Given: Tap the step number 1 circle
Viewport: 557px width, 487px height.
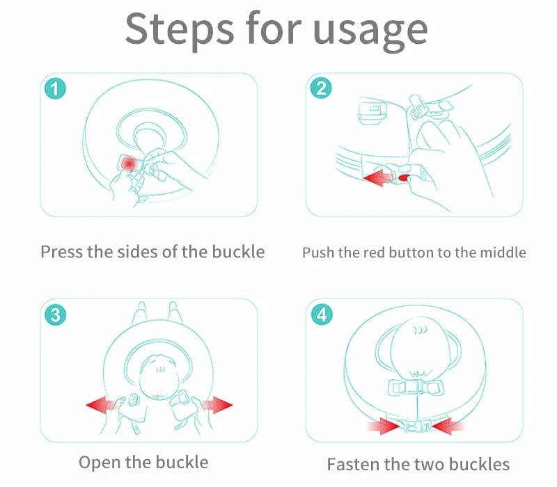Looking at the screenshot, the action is click(x=55, y=88).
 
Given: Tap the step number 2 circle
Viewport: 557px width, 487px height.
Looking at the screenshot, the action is click(x=321, y=88).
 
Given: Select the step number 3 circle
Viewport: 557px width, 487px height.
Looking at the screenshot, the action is click(x=55, y=314).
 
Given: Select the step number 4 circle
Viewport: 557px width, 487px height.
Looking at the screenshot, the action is click(x=322, y=314).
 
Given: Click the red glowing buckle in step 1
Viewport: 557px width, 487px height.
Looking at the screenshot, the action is click(x=129, y=163).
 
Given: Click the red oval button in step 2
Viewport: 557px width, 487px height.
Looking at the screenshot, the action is click(x=405, y=177).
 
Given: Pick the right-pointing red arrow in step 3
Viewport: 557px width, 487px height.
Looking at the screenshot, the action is click(x=217, y=405).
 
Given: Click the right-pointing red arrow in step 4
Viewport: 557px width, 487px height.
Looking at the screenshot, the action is click(x=384, y=426).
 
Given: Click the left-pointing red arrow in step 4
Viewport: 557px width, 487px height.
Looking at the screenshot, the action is click(x=448, y=426).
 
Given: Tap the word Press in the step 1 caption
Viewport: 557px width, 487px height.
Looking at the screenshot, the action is click(x=62, y=252).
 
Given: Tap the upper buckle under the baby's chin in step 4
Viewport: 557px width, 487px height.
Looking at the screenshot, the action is click(x=416, y=388).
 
